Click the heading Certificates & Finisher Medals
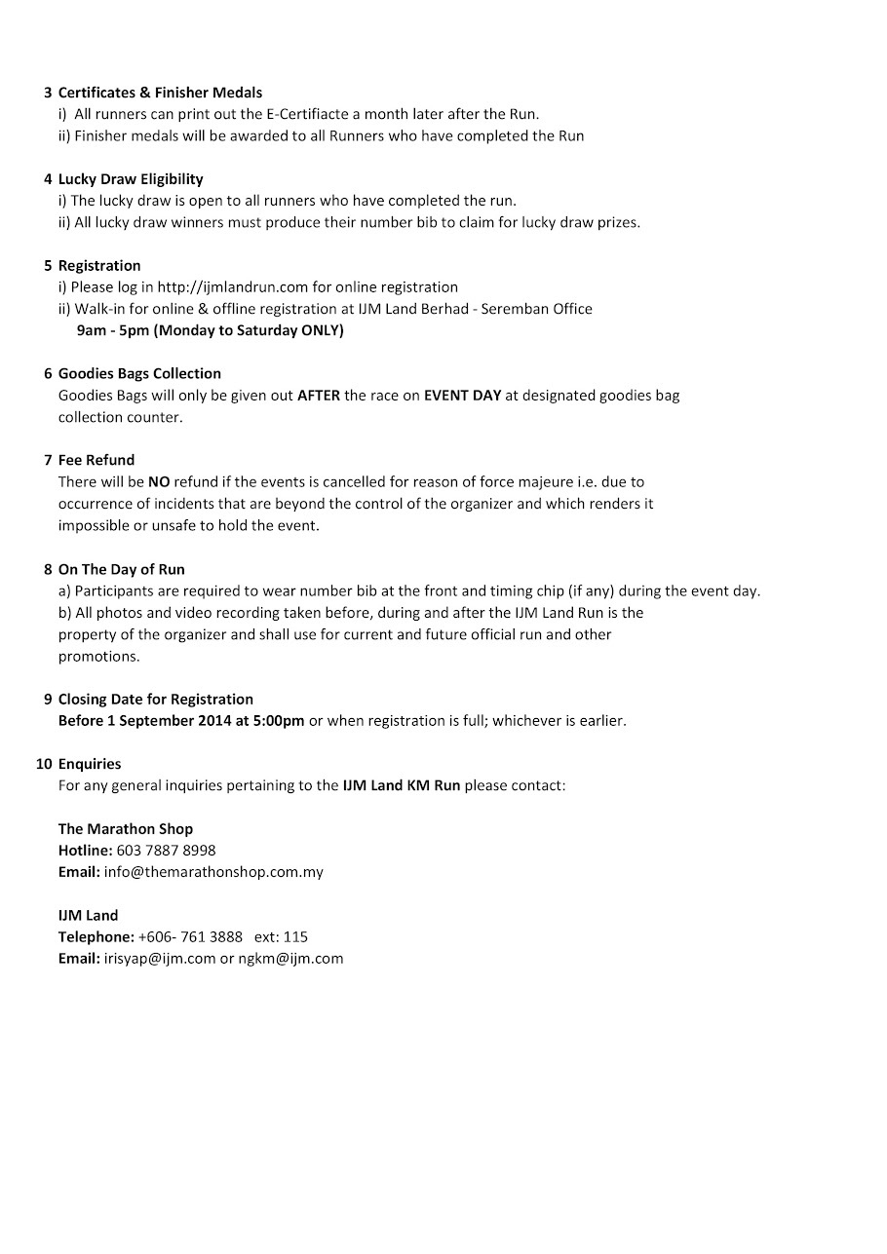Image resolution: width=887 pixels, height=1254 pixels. (160, 93)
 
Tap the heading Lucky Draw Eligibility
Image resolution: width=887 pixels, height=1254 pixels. (131, 179)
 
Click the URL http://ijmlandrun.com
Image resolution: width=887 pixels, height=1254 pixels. (233, 287)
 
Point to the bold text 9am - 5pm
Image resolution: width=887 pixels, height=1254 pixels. (113, 330)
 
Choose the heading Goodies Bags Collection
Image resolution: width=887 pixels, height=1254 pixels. (139, 373)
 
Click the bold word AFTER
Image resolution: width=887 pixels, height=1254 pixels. (319, 396)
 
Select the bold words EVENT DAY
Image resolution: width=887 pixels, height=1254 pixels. (462, 396)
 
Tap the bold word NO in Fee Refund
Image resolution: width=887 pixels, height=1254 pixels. (159, 481)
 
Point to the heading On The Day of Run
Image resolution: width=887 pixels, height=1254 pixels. (121, 569)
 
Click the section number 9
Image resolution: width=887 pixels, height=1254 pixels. (48, 700)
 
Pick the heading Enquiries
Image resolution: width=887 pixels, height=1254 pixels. (90, 764)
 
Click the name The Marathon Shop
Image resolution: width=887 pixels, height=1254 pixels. (126, 829)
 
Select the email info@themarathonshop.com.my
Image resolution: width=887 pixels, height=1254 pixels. (213, 872)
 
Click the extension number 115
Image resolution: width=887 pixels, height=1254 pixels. (295, 937)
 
